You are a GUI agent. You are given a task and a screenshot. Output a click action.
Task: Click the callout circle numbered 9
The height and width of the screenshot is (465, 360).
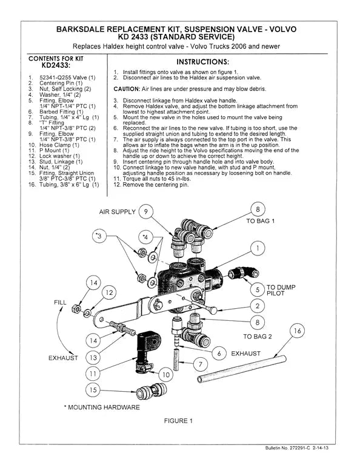(148, 212)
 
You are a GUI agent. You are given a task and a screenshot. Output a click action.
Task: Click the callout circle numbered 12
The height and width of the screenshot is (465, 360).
(108, 293)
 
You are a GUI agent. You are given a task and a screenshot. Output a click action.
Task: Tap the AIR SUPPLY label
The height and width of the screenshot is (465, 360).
(117, 212)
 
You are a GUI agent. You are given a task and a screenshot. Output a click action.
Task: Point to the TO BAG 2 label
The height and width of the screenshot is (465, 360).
(258, 335)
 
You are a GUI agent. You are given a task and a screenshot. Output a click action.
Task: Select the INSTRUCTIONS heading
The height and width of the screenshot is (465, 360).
(202, 62)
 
